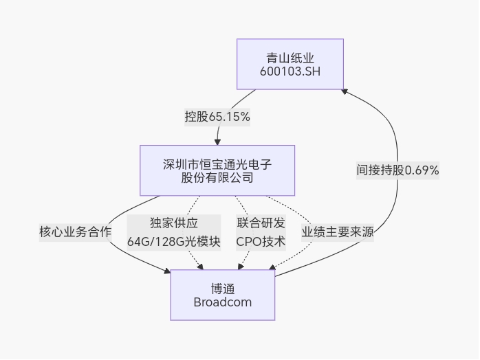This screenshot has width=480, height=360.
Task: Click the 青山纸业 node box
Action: [290, 64]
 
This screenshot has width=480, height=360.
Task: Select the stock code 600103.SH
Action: [290, 71]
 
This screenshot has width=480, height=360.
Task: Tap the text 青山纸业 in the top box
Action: [290, 57]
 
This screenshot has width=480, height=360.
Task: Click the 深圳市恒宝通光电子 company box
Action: [217, 170]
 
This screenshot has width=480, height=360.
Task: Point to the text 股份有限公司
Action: [217, 178]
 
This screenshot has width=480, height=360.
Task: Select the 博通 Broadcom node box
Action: [223, 295]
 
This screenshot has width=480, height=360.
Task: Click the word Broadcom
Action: [223, 302]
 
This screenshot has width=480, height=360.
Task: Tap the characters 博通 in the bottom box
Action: [223, 288]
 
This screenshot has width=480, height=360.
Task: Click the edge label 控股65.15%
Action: [217, 117]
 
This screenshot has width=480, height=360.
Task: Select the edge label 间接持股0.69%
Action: [397, 170]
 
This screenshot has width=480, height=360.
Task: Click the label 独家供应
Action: [174, 223]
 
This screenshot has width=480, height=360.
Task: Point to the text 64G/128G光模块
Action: [174, 241]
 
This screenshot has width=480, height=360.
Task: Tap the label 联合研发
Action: [261, 223]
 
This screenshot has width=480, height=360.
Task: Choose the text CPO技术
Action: [261, 241]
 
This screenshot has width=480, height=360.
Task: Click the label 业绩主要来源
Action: [338, 232]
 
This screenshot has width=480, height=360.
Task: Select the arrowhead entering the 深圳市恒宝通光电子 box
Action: [217, 142]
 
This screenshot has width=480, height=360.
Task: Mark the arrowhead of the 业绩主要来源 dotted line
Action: [272, 267]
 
